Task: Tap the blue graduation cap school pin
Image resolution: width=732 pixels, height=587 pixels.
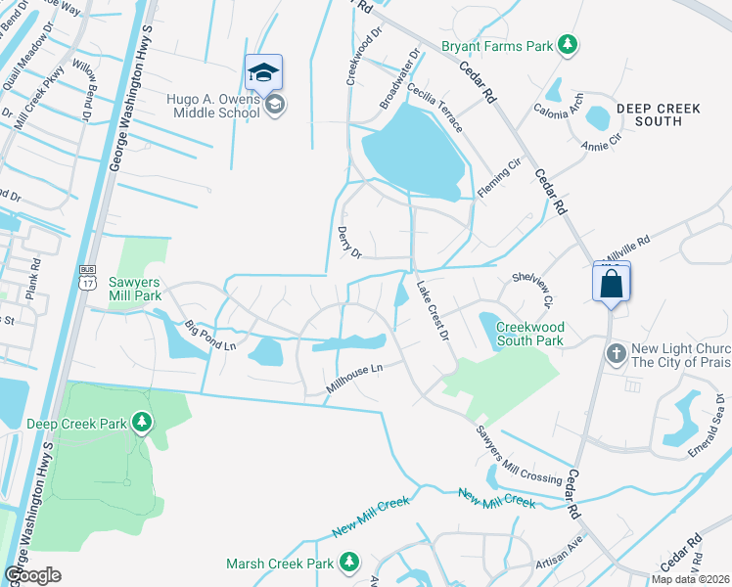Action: [x=263, y=72]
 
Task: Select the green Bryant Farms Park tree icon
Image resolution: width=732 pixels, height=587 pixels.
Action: [x=567, y=44]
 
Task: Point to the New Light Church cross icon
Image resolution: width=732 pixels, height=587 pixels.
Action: [x=617, y=352]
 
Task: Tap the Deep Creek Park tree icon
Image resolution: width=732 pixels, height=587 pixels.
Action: [x=143, y=423]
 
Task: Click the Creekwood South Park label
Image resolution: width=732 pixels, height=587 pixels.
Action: [x=529, y=334]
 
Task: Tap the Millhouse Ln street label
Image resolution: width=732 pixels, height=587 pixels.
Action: [x=352, y=381]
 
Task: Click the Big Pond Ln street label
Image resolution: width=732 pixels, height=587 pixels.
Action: [x=209, y=333]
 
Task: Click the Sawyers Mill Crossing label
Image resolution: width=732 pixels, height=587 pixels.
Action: [x=519, y=455]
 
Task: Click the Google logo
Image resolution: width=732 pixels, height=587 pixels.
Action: [x=32, y=575]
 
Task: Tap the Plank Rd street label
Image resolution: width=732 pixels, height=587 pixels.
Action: [x=35, y=278]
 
